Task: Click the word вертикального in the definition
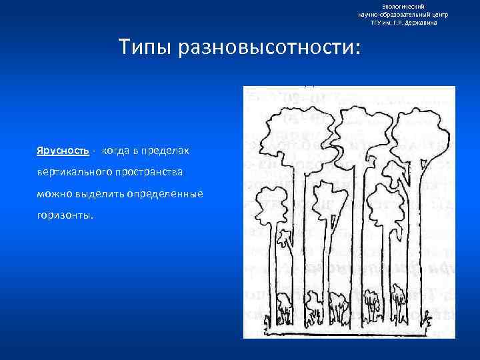pyautogui.click(x=69, y=172)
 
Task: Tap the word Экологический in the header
pyautogui.click(x=403, y=6)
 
